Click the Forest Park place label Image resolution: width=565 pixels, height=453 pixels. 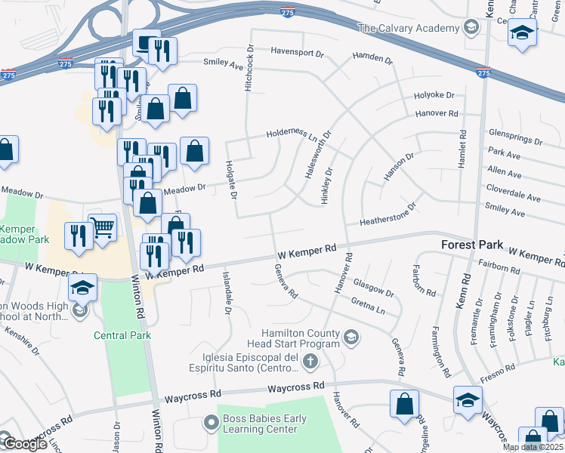[468, 245]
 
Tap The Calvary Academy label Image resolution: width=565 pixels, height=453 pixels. [408, 29]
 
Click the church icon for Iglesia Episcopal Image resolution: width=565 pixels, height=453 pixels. [310, 363]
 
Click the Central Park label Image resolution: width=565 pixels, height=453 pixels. [122, 335]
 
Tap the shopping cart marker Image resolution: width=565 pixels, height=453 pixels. [102, 226]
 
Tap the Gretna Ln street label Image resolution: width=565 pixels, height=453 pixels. [368, 306]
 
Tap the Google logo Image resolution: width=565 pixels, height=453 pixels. [25, 444]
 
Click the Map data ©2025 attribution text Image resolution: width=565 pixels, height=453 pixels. [533, 447]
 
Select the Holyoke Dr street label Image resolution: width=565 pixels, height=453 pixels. [434, 96]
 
